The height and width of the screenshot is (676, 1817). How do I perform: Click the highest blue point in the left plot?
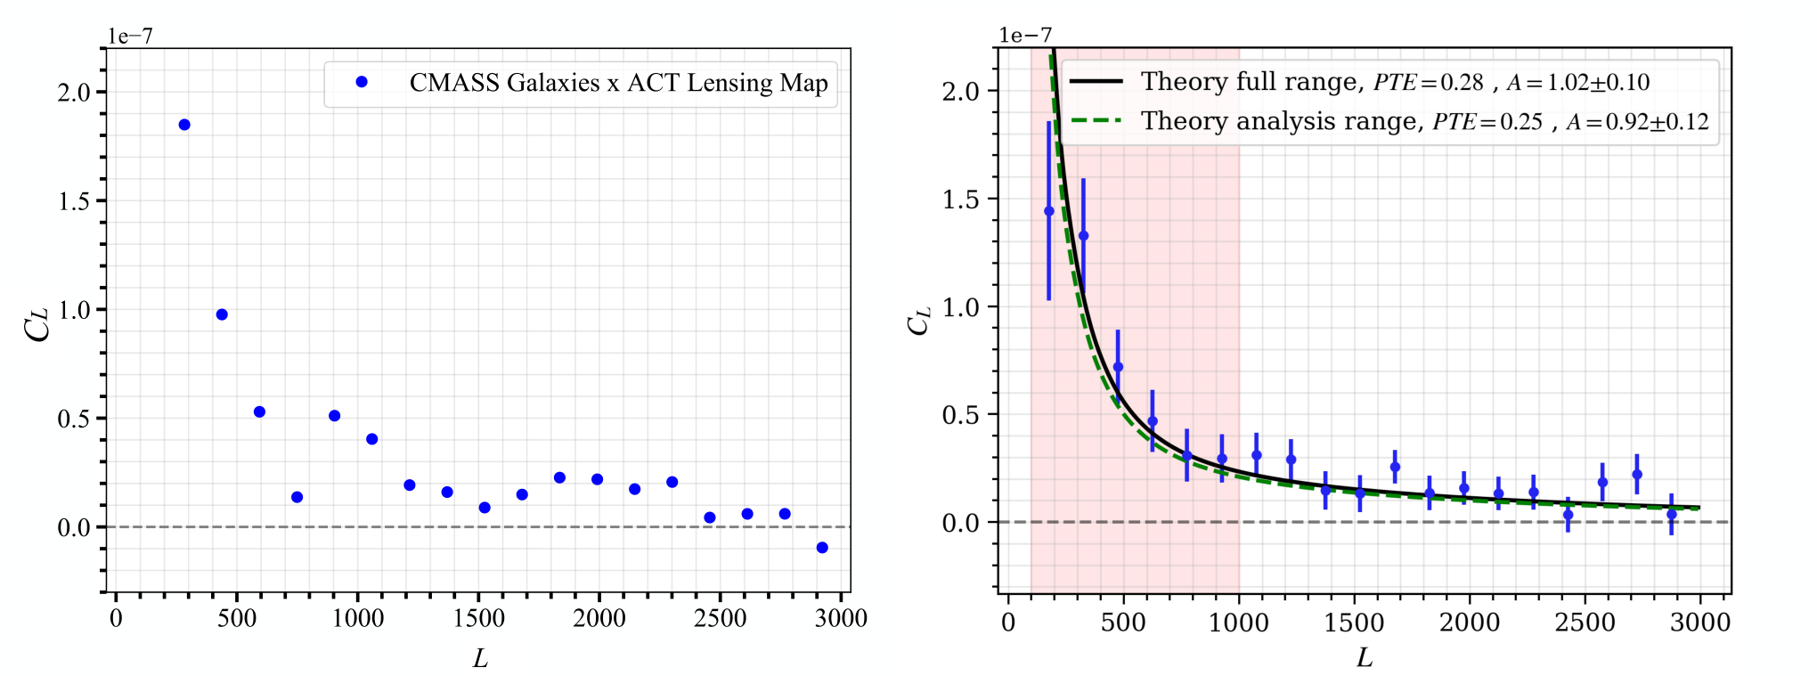click(x=184, y=125)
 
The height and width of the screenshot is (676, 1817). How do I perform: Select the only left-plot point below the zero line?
click(x=822, y=548)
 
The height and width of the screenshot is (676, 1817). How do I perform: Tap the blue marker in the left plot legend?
click(x=362, y=82)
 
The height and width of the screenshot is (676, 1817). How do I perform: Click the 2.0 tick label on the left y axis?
click(x=74, y=92)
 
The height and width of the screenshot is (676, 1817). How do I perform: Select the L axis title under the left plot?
click(x=480, y=658)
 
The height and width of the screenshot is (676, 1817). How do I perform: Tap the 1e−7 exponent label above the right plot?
click(x=1025, y=35)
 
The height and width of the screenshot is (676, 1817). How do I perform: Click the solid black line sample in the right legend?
click(x=1096, y=82)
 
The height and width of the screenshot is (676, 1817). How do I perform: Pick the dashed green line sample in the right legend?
click(x=1096, y=121)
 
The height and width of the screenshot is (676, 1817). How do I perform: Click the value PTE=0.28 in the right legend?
click(x=1429, y=83)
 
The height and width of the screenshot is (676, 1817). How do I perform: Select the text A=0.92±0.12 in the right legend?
click(x=1638, y=122)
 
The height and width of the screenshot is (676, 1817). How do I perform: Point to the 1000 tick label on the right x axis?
click(x=1238, y=622)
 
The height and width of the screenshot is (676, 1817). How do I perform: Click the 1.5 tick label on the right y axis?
click(x=960, y=200)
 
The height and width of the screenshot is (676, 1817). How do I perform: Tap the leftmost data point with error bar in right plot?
click(x=1049, y=211)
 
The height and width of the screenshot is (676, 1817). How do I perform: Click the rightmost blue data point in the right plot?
click(x=1672, y=515)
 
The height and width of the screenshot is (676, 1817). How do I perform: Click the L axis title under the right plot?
click(x=1365, y=658)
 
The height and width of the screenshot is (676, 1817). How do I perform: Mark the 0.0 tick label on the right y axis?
click(x=960, y=523)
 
